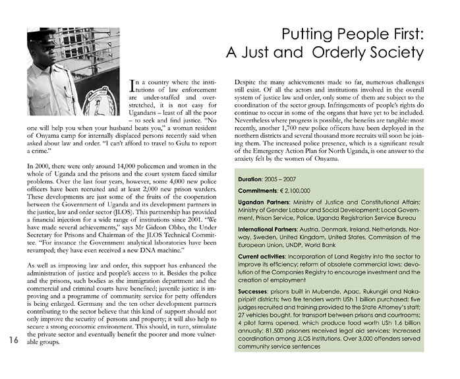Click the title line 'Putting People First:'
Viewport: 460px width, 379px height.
pyautogui.click(x=352, y=33)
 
